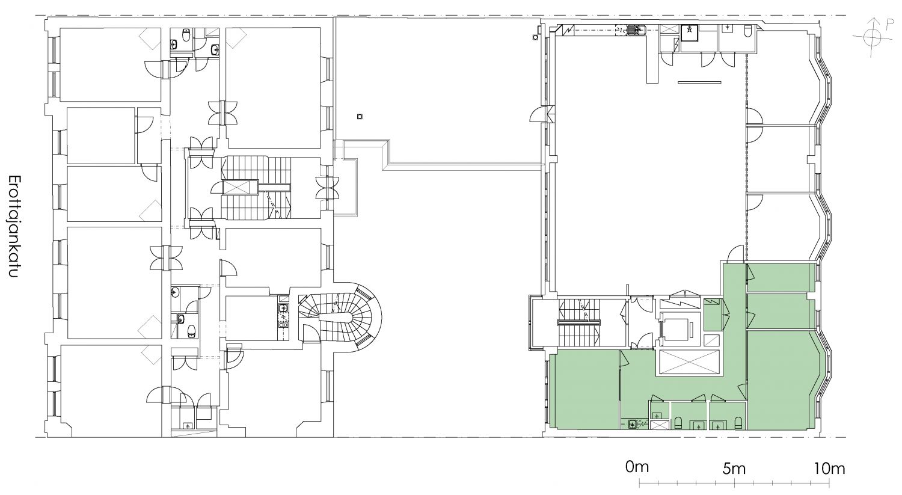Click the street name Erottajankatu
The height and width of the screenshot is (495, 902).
(14, 226)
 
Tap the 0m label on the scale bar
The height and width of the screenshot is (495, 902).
(637, 467)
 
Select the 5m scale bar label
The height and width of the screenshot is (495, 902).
(734, 469)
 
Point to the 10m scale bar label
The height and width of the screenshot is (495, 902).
(829, 469)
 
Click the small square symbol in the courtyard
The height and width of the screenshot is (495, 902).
(360, 117)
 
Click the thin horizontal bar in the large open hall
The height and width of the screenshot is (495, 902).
(699, 82)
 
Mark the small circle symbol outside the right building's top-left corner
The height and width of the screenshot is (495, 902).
(535, 37)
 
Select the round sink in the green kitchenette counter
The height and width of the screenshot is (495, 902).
(633, 424)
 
